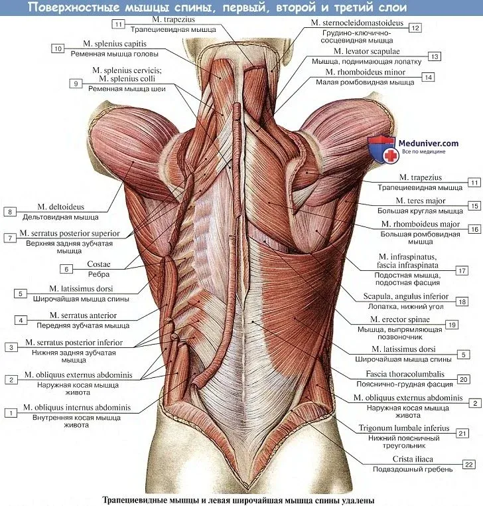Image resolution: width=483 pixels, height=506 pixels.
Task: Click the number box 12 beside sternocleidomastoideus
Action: tap(415, 28)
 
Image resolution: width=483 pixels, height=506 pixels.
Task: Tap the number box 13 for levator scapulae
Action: tap(435, 56)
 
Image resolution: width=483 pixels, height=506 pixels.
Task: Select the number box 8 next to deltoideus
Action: tap(10, 212)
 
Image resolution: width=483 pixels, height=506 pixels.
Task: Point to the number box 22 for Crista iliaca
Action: tap(469, 464)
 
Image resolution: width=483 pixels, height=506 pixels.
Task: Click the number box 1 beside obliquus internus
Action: tap(11, 413)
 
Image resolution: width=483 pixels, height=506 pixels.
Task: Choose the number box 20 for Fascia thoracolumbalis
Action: tap(463, 379)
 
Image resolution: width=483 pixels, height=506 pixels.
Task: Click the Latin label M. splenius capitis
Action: tap(115, 44)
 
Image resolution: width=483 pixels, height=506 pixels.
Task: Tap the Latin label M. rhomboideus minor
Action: tap(366, 72)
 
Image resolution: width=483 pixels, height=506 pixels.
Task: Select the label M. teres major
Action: tap(421, 201)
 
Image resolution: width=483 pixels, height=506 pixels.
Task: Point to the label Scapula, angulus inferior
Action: tap(405, 296)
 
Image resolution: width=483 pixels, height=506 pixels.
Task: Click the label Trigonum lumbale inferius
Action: tap(404, 428)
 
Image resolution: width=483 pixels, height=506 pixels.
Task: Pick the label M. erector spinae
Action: tap(400, 319)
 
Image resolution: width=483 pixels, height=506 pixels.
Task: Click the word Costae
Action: tap(99, 264)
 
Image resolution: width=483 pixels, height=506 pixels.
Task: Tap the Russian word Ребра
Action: tap(99, 274)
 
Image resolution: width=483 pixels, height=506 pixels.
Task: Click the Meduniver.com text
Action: tap(429, 143)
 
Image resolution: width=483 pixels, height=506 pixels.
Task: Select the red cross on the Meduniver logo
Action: tap(391, 155)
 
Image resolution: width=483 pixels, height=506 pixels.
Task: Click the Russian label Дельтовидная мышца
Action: tap(60, 217)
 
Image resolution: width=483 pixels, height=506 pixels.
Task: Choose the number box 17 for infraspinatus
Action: tap(462, 270)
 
